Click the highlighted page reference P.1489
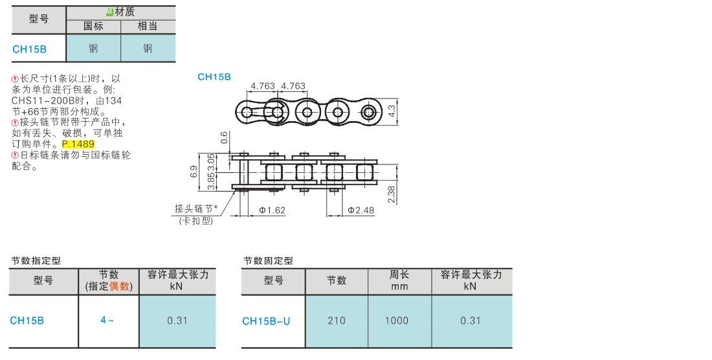click(78, 144)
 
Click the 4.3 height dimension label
click(392, 112)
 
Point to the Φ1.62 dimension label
click(273, 210)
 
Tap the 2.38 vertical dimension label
click(391, 195)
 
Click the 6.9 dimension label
click(194, 172)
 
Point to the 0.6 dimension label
click(224, 137)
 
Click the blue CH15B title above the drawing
click(214, 76)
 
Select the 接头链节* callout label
click(196, 208)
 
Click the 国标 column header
click(93, 27)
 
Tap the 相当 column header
click(148, 27)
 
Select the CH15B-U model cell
click(266, 321)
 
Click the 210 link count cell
click(337, 321)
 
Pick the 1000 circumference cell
click(399, 321)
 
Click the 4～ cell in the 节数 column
click(107, 320)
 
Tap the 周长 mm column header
click(399, 280)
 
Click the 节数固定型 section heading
click(268, 260)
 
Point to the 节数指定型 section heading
click(36, 260)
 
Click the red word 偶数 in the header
click(120, 286)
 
